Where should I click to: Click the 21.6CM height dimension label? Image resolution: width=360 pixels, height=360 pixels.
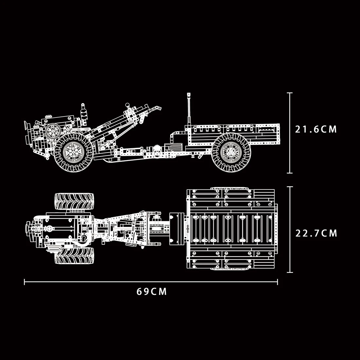316,129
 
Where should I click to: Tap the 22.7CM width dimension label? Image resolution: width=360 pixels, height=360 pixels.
316,233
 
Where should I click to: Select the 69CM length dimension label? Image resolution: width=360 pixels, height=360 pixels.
152,292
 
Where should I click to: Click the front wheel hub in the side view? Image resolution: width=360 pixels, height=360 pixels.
73,152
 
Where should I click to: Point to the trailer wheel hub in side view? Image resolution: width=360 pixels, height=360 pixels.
231,152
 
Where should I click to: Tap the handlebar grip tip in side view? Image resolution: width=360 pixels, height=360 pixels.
158,107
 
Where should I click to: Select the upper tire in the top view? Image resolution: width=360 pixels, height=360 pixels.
74,201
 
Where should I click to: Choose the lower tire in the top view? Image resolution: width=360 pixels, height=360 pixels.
74,256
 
